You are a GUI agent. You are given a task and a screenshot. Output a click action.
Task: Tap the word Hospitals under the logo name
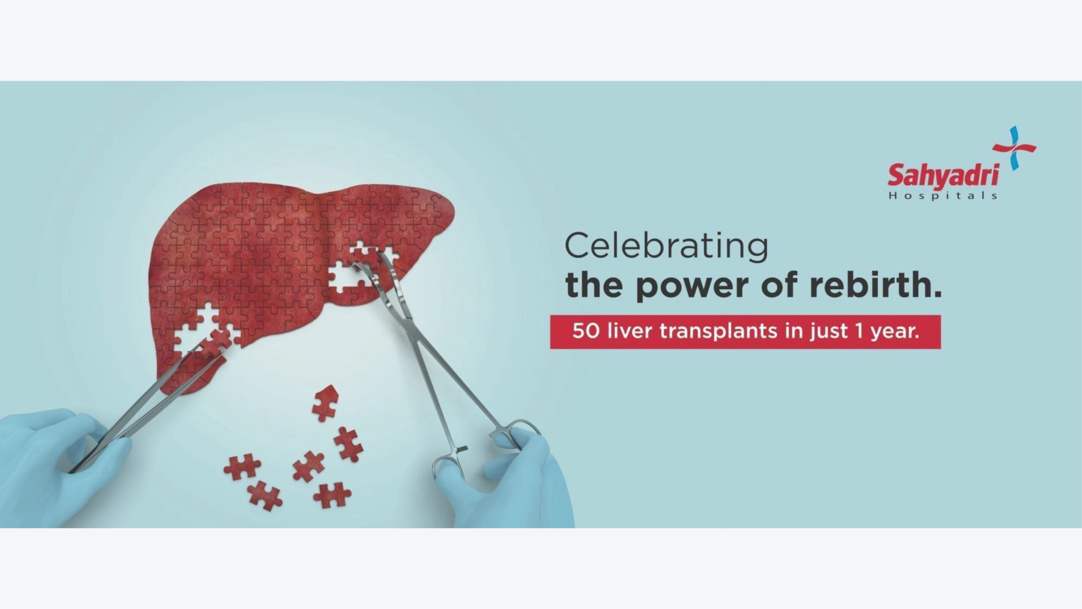click(x=943, y=196)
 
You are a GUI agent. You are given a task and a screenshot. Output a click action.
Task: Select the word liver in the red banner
click(x=629, y=331)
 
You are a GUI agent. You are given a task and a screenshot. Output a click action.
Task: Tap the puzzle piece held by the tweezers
click(x=216, y=340)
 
